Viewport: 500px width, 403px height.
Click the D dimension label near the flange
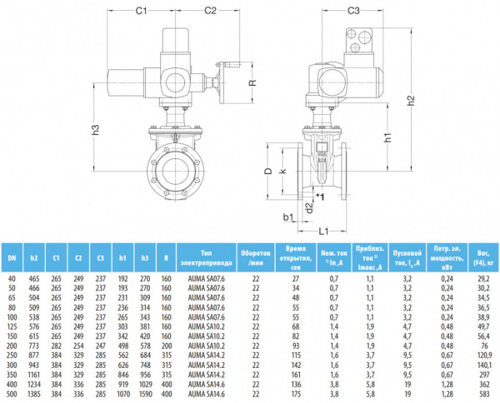click(269, 169)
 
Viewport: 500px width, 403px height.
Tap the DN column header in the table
click(12, 256)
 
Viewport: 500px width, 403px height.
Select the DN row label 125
click(12, 327)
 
